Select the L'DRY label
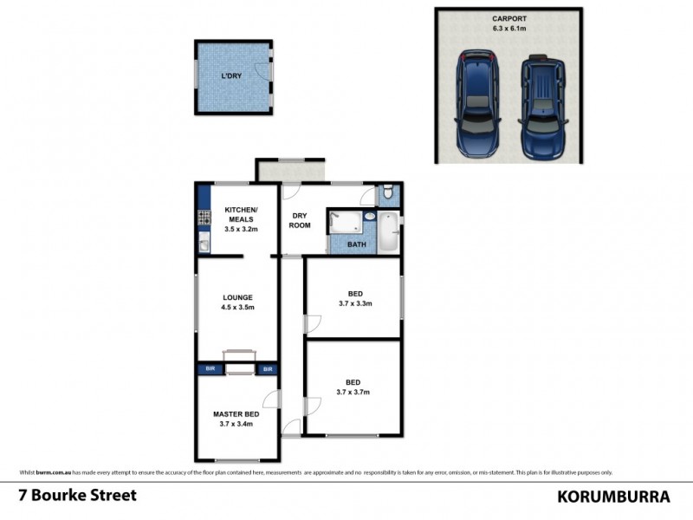231,77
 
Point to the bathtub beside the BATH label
388,232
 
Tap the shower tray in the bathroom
346,223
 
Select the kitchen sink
204,244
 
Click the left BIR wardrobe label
209,369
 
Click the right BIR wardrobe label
267,369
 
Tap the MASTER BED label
236,414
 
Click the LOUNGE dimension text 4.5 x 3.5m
237,307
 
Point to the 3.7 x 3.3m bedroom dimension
353,303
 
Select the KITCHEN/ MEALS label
239,214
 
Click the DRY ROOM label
301,220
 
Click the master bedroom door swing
272,400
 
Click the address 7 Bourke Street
77,497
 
